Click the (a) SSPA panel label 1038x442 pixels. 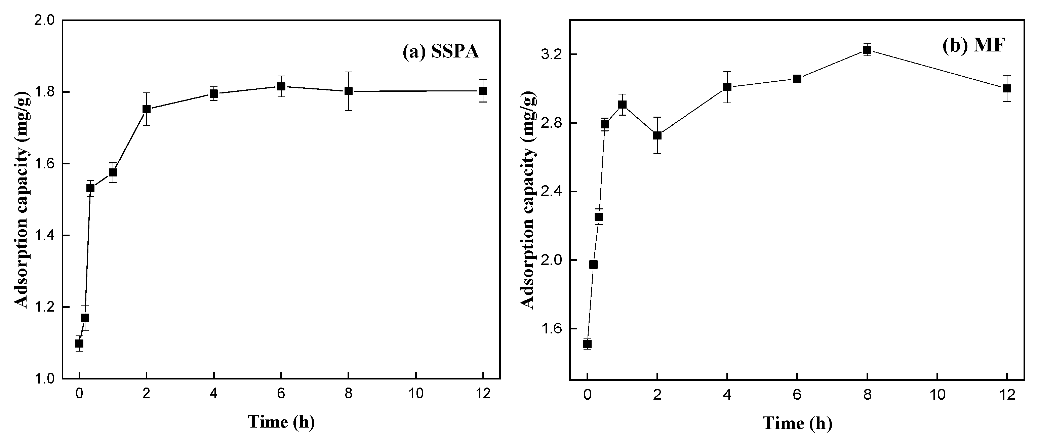pyautogui.click(x=441, y=52)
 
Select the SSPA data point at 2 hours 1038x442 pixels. pyautogui.click(x=147, y=109)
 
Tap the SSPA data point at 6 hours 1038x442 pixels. pyautogui.click(x=281, y=86)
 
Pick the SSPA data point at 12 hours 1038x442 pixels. pyautogui.click(x=483, y=91)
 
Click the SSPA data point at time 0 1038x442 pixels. pyautogui.click(x=79, y=343)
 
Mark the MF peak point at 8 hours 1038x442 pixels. pyautogui.click(x=867, y=49)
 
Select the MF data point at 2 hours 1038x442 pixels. pyautogui.click(x=657, y=135)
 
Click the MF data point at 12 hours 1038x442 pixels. pyautogui.click(x=1007, y=88)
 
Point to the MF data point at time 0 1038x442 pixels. pyautogui.click(x=588, y=344)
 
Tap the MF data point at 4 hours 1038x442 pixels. pyautogui.click(x=727, y=87)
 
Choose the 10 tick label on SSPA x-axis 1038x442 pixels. pyautogui.click(x=415, y=394)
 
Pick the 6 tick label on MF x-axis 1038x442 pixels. pyautogui.click(x=797, y=395)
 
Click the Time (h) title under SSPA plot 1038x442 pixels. pyautogui.click(x=281, y=422)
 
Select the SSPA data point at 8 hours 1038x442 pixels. pyautogui.click(x=349, y=91)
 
